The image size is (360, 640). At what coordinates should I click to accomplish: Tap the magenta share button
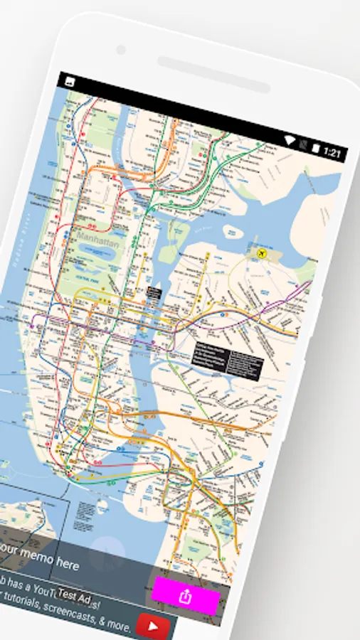click(x=186, y=596)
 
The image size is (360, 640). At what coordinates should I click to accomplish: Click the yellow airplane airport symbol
click(x=259, y=252)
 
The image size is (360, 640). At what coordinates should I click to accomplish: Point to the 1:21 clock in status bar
click(x=332, y=151)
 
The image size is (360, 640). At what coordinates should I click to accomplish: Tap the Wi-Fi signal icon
click(x=290, y=139)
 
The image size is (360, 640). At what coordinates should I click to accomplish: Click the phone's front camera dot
click(x=121, y=49)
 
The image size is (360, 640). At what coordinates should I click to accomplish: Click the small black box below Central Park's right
click(x=154, y=292)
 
